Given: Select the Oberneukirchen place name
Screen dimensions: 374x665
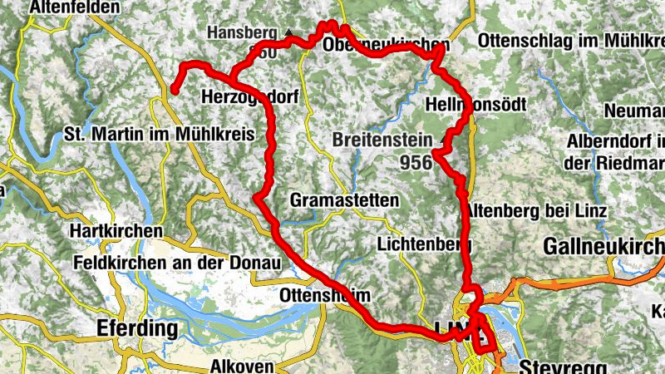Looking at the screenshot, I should point(387,45).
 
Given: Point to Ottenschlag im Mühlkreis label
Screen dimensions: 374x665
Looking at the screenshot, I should point(569,41).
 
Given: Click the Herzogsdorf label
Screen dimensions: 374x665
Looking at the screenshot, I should point(249,97).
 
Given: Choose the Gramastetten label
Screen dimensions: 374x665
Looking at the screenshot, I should point(344,200).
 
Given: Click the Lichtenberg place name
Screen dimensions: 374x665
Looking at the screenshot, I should point(424,244).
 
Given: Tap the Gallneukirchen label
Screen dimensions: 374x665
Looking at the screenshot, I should point(604,246).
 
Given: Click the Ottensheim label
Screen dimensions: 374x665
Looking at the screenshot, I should point(324,296).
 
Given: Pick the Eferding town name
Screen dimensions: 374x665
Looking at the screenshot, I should point(137,327).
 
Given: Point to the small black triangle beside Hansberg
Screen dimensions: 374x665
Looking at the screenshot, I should point(288,32).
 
